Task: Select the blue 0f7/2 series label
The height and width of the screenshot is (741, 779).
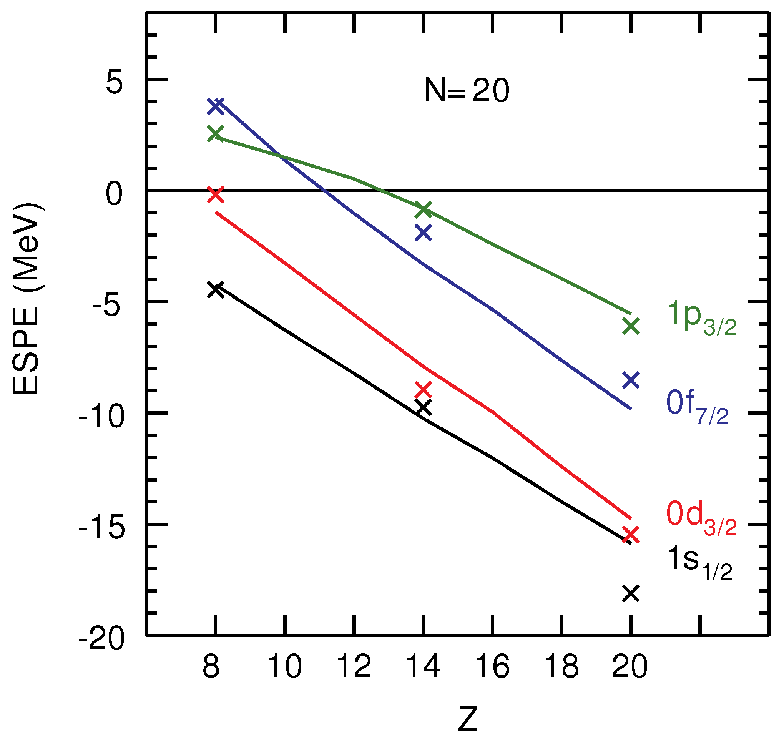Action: click(x=697, y=407)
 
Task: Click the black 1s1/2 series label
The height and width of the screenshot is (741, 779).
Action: click(x=699, y=563)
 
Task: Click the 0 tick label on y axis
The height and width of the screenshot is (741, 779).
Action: click(x=115, y=195)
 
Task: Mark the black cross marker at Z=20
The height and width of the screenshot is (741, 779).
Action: click(x=631, y=594)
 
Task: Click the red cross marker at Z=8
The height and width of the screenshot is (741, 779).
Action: click(x=216, y=194)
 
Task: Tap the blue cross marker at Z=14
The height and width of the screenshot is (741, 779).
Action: click(x=424, y=233)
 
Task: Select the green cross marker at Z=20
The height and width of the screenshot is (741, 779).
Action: click(x=631, y=326)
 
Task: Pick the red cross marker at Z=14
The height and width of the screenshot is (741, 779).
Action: click(x=424, y=390)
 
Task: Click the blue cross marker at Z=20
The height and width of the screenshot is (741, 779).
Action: click(x=631, y=380)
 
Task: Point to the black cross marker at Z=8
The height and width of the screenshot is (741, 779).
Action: click(x=216, y=289)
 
